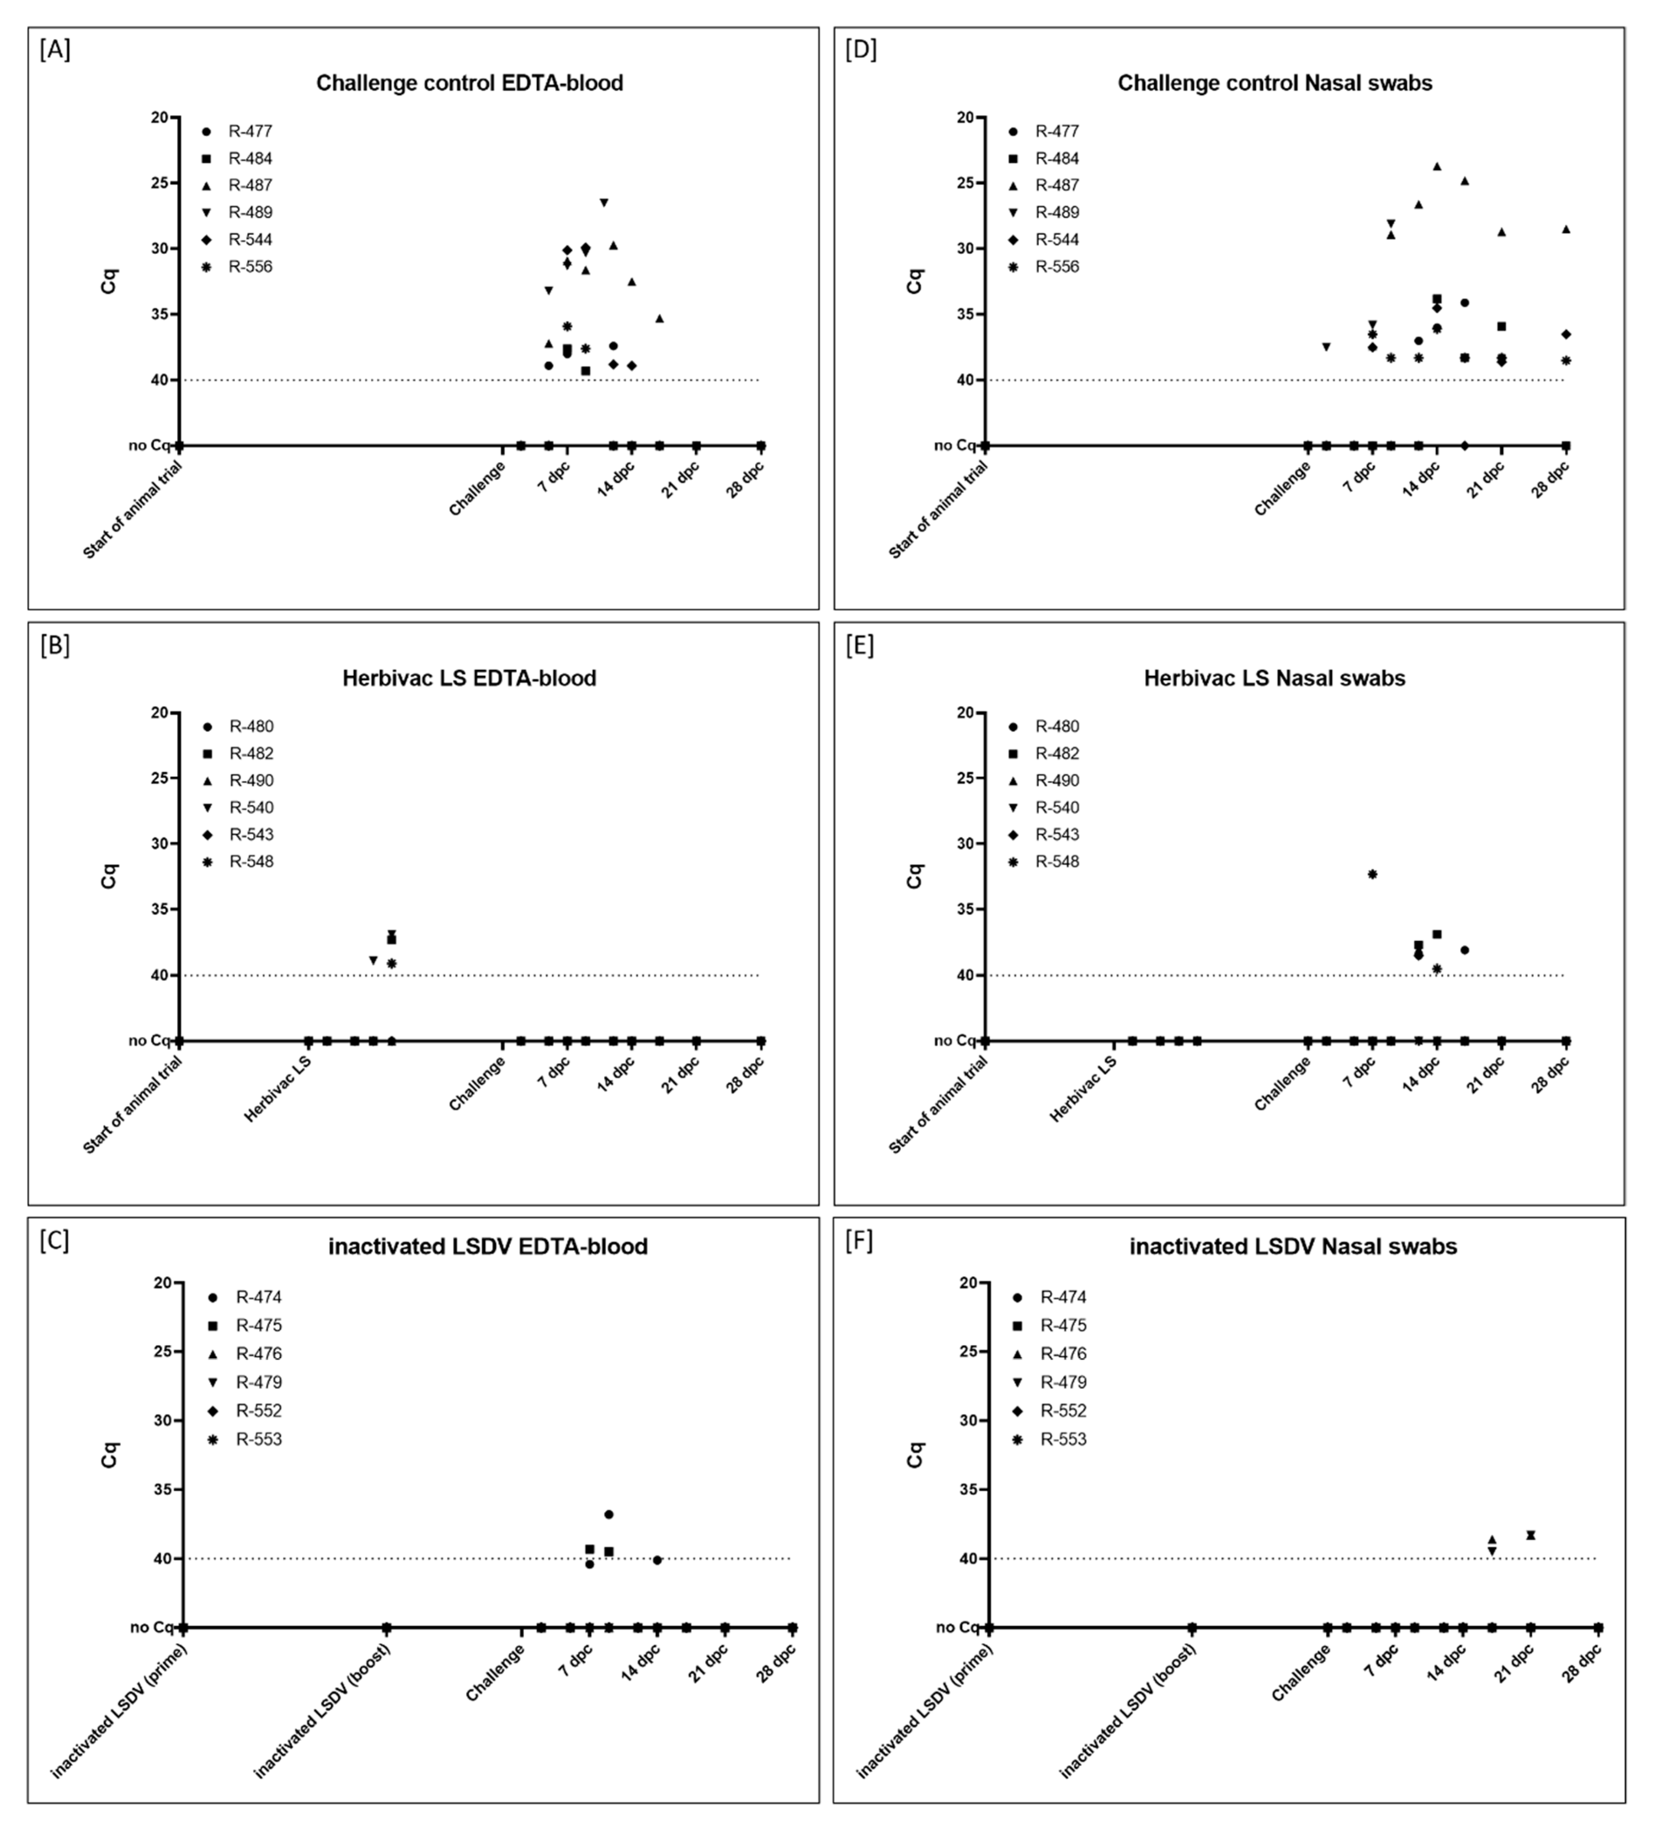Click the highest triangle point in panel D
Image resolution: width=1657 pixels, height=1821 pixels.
point(1437,166)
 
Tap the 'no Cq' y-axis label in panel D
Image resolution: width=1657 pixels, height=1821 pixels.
point(954,445)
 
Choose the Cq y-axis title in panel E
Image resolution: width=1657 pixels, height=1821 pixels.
point(914,876)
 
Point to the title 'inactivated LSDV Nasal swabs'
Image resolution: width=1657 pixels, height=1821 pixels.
point(1293,1246)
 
